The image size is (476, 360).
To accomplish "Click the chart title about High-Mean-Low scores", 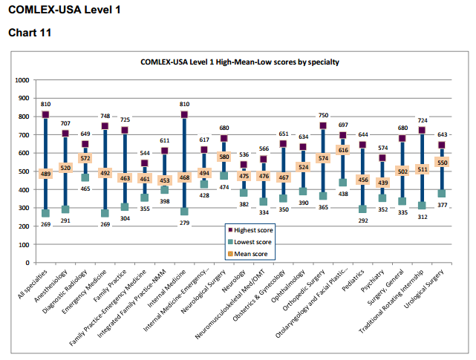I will [x=240, y=62].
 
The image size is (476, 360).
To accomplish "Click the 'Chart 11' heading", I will [x=30, y=33].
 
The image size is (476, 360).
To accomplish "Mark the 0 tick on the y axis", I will [x=27, y=263].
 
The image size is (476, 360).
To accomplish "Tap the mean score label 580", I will [x=224, y=157].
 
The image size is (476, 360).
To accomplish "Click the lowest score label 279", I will [x=184, y=223].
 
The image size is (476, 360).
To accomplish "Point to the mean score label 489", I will [x=45, y=174].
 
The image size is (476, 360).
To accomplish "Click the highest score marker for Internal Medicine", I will [x=184, y=114].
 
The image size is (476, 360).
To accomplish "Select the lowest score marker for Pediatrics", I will [x=362, y=209].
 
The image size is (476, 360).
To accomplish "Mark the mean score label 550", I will [x=442, y=163].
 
